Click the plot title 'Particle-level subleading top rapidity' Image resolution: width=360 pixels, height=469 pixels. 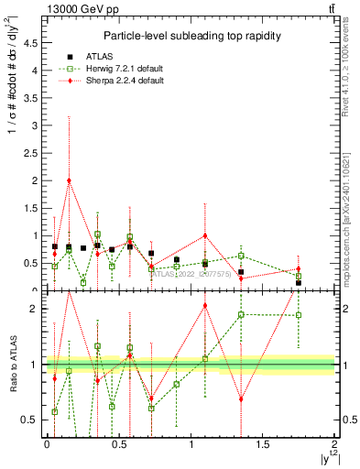tap(191, 35)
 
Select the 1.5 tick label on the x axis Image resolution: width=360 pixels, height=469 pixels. tap(263, 444)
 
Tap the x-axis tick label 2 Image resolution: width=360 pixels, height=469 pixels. tap(334, 444)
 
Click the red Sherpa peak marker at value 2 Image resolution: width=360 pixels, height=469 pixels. tap(69, 180)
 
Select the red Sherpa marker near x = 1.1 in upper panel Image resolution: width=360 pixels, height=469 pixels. tap(205, 235)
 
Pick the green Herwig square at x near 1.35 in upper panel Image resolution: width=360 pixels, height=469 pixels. tap(241, 256)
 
